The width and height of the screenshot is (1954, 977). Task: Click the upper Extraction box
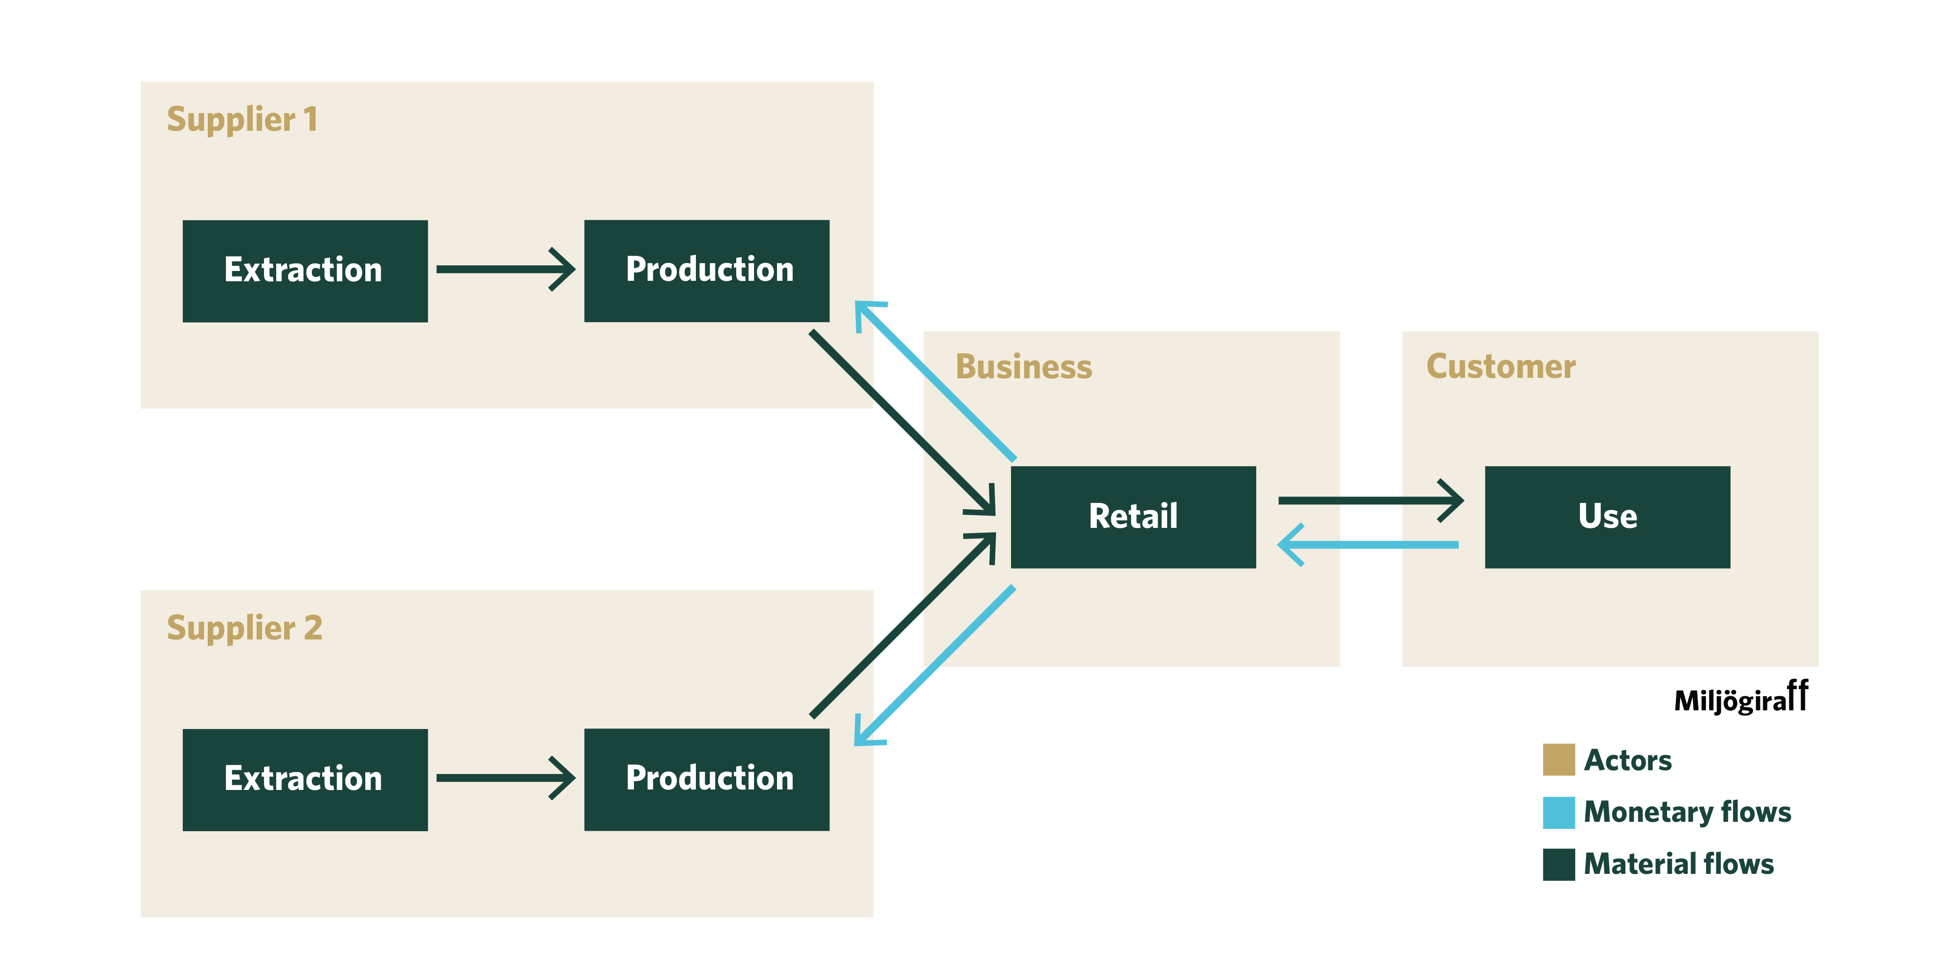[x=305, y=271]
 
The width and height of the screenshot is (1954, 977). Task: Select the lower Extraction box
[x=305, y=779]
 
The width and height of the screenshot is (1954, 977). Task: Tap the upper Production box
[x=706, y=271]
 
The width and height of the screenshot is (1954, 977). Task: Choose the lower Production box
[x=706, y=779]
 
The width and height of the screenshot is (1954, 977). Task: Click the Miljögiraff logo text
[x=1740, y=699]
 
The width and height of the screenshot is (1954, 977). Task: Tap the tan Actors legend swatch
[x=1558, y=760]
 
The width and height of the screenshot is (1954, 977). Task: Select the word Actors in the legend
[x=1627, y=760]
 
